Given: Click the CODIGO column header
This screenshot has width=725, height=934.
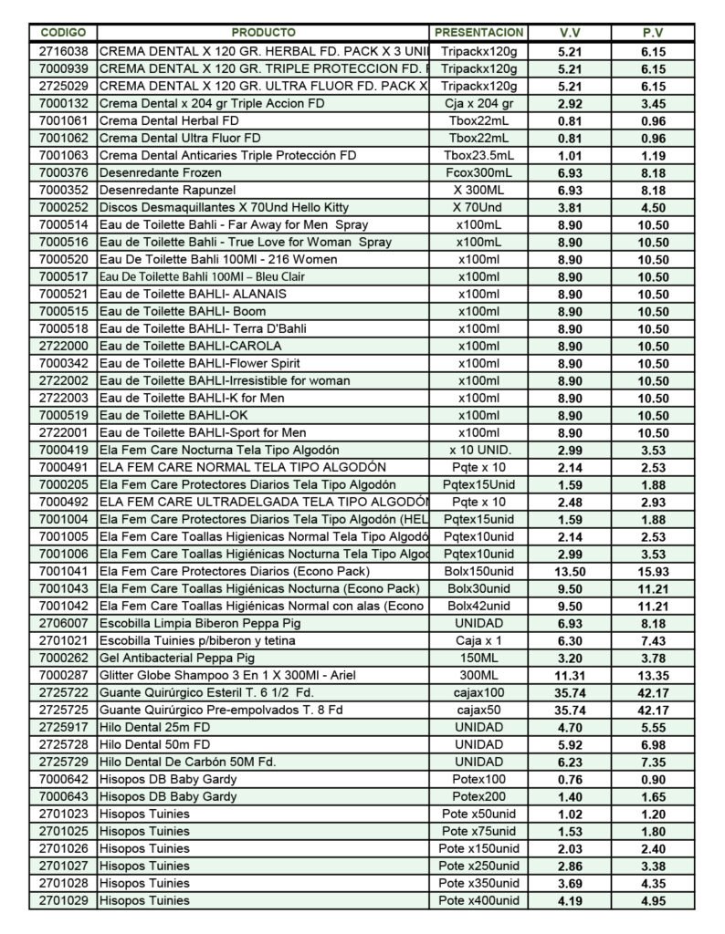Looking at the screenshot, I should tap(63, 33).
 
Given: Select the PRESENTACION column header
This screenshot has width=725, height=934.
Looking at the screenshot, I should tap(478, 33).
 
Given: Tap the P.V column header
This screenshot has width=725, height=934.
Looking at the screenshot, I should tap(652, 33).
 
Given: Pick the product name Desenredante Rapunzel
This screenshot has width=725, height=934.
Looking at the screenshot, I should tap(160, 190).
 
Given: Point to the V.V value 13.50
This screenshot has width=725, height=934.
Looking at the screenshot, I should tap(570, 571).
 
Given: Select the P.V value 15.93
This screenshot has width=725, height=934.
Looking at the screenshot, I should tap(652, 571).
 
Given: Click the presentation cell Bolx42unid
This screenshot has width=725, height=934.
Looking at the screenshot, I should tap(478, 606).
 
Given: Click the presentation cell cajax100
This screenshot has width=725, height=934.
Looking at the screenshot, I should tap(478, 692).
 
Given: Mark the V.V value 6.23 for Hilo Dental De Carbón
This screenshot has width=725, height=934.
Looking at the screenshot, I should tap(570, 762).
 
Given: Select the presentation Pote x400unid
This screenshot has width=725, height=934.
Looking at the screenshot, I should tap(478, 900).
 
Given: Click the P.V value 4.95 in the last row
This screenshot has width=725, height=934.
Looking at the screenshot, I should tap(652, 900).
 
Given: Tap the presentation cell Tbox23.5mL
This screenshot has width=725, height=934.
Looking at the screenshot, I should tap(478, 155).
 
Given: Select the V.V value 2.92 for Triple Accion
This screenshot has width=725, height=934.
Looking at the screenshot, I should tap(570, 103).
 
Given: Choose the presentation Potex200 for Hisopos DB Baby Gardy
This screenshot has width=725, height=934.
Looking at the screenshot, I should tap(478, 796).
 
